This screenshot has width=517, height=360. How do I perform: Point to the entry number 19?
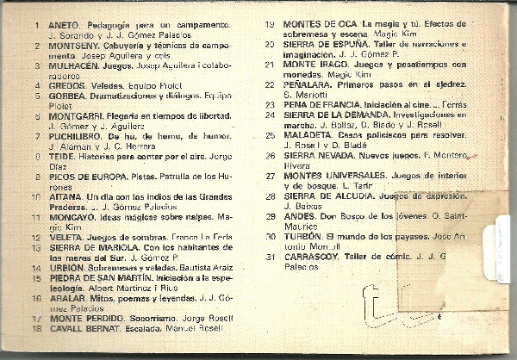(270, 24)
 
